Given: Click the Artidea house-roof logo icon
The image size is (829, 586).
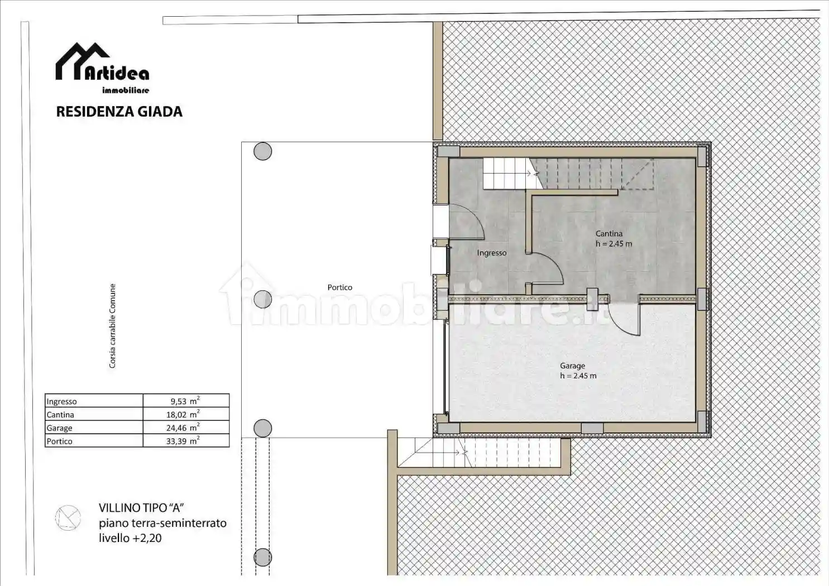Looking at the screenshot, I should pos(82,61).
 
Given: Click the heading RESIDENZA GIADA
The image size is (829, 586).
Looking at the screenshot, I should pos(119,112).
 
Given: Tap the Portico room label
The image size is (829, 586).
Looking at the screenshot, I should pos(339,287).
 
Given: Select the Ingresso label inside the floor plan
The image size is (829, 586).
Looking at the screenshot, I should pos(491,253).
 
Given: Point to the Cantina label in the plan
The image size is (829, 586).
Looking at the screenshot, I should pos(608,234).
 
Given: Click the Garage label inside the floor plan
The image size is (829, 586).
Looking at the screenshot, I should pos(572,366).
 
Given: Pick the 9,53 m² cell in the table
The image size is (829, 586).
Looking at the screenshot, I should pos(185,401).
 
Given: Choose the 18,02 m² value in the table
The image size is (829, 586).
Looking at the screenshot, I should pos(185,414).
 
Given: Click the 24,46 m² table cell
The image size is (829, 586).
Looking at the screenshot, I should pos(185,428).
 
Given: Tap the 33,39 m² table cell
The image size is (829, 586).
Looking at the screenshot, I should pos(185,441).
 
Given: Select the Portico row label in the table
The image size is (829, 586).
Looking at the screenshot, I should pos(60,441).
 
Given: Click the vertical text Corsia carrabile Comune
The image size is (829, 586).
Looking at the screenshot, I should pos(112,326).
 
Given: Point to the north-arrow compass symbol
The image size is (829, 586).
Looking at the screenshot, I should pos(68,518).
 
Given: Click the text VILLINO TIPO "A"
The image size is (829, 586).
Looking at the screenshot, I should pos(141,508).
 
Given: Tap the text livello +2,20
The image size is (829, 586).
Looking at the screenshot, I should pos(130,538).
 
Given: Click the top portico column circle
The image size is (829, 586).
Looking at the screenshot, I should pos(262,151).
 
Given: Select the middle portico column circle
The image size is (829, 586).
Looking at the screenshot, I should pos(262,299).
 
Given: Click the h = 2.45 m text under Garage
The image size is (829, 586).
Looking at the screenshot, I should pos(578,376).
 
